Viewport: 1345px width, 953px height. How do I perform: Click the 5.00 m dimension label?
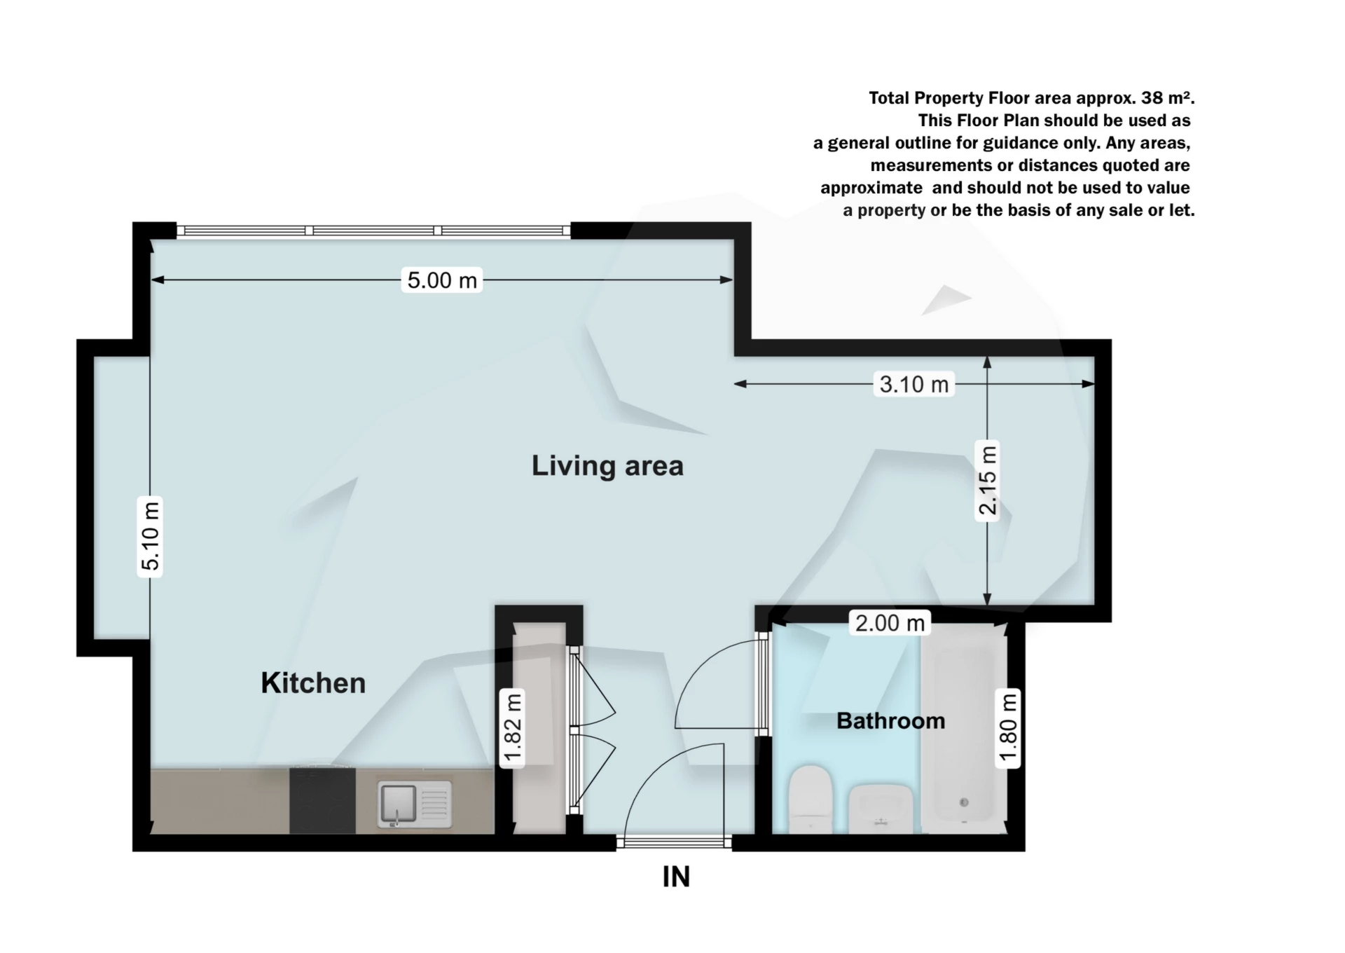442,280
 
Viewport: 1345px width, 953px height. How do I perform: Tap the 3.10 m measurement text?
913,384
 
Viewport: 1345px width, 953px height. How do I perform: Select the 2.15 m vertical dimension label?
987,481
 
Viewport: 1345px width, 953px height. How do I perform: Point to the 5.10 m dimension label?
150,536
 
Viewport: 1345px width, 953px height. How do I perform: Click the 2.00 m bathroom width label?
890,622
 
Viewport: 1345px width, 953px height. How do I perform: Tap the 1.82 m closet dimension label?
513,728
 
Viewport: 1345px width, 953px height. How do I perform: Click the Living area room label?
607,466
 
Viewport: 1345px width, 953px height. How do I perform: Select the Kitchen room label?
313,683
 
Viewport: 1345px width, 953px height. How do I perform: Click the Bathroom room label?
890,720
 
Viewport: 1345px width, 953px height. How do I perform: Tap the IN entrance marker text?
676,877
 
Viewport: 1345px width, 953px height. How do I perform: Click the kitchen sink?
414,804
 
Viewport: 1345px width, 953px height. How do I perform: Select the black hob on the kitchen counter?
322,800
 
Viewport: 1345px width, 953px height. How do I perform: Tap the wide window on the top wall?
373,231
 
